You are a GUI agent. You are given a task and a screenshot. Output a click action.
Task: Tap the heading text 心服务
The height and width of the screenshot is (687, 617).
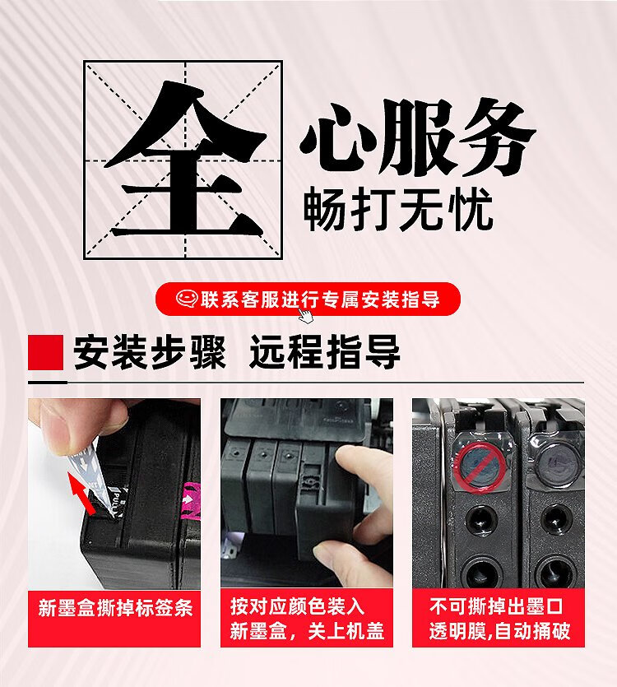point(418,138)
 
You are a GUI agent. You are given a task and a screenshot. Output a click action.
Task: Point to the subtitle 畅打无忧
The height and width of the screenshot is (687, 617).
point(398,209)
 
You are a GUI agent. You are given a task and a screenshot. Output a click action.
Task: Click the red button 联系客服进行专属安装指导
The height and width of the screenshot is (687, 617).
point(308,299)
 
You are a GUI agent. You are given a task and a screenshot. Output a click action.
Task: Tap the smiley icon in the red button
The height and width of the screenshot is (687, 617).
point(187,299)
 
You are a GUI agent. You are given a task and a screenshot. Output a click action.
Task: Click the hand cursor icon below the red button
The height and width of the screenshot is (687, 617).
point(305,315)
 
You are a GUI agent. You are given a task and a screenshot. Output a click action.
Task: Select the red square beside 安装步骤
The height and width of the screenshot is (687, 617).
point(45,353)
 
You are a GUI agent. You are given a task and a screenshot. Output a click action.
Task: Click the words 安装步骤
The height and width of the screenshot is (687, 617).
point(150,353)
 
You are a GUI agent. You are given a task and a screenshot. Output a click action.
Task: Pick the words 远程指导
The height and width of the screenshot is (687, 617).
point(325,353)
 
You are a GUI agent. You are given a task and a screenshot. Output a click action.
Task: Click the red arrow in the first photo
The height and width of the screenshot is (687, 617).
point(82,493)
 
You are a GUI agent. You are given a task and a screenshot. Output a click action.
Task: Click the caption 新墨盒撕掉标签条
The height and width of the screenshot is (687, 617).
point(115,609)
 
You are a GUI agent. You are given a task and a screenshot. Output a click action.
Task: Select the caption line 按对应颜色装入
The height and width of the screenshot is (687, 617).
point(297,607)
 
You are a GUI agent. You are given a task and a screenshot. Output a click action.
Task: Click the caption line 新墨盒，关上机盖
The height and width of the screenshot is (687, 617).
point(307,631)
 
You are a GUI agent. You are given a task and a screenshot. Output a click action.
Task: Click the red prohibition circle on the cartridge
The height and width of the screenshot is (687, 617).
point(479,467)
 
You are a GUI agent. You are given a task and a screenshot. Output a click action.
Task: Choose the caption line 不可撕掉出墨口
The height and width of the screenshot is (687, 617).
point(495,607)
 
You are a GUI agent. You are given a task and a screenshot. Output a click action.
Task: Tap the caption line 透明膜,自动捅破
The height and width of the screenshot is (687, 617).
point(499,631)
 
